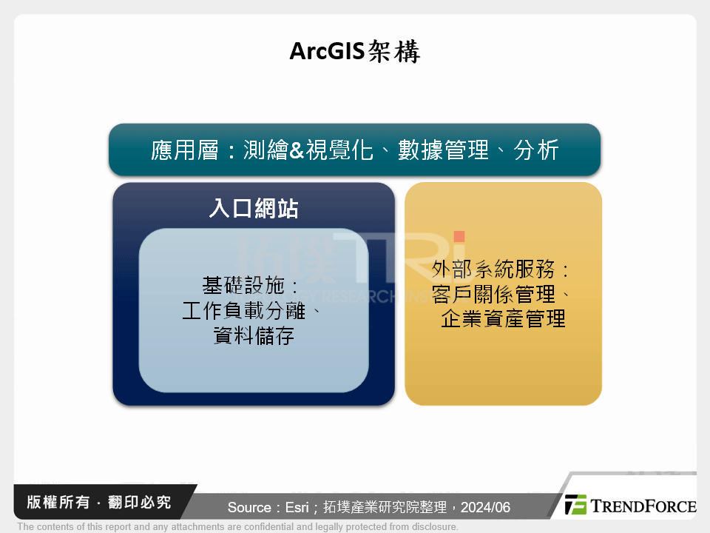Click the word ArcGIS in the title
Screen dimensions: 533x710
323,52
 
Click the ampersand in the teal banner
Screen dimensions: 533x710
296,150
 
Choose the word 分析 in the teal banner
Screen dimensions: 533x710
536,150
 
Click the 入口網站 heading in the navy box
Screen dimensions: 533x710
253,209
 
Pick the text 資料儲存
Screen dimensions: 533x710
253,336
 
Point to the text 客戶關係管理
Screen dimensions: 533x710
493,294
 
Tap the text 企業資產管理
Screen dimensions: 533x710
503,319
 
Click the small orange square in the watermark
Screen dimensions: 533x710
459,237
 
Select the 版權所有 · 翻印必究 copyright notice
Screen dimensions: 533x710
98,503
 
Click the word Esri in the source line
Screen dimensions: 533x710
289,508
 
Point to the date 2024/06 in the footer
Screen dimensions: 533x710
485,508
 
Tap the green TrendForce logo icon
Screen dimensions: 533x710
575,505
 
